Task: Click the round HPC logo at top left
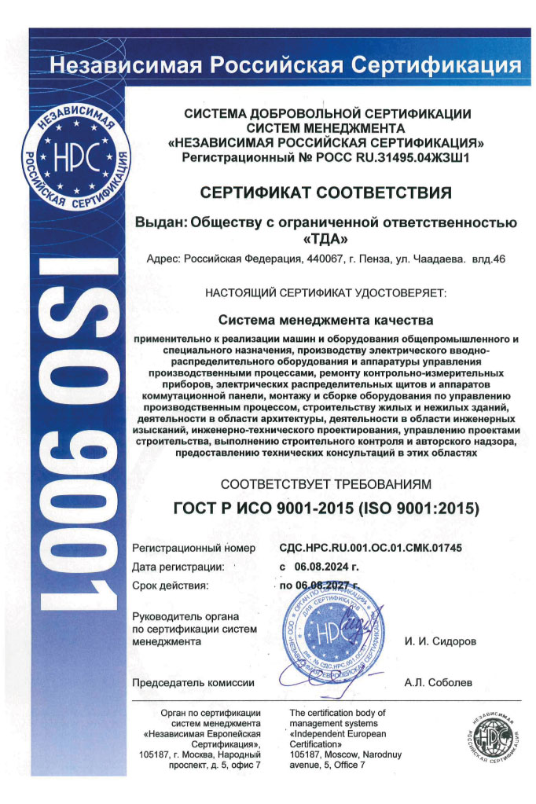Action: pyautogui.click(x=74, y=161)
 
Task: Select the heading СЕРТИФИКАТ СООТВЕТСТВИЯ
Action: pyautogui.click(x=326, y=193)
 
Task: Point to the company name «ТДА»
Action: pyautogui.click(x=326, y=237)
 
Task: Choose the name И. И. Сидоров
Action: pyautogui.click(x=440, y=641)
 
